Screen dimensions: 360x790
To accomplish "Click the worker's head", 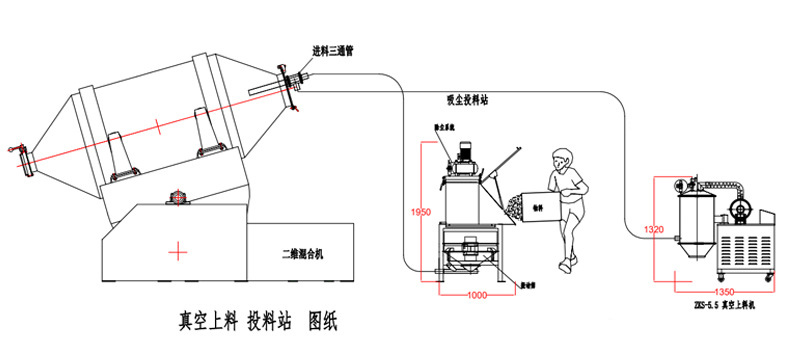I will [x=562, y=159].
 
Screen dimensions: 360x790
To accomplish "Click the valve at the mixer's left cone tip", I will [x=18, y=150].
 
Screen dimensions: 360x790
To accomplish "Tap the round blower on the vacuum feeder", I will [x=740, y=209].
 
